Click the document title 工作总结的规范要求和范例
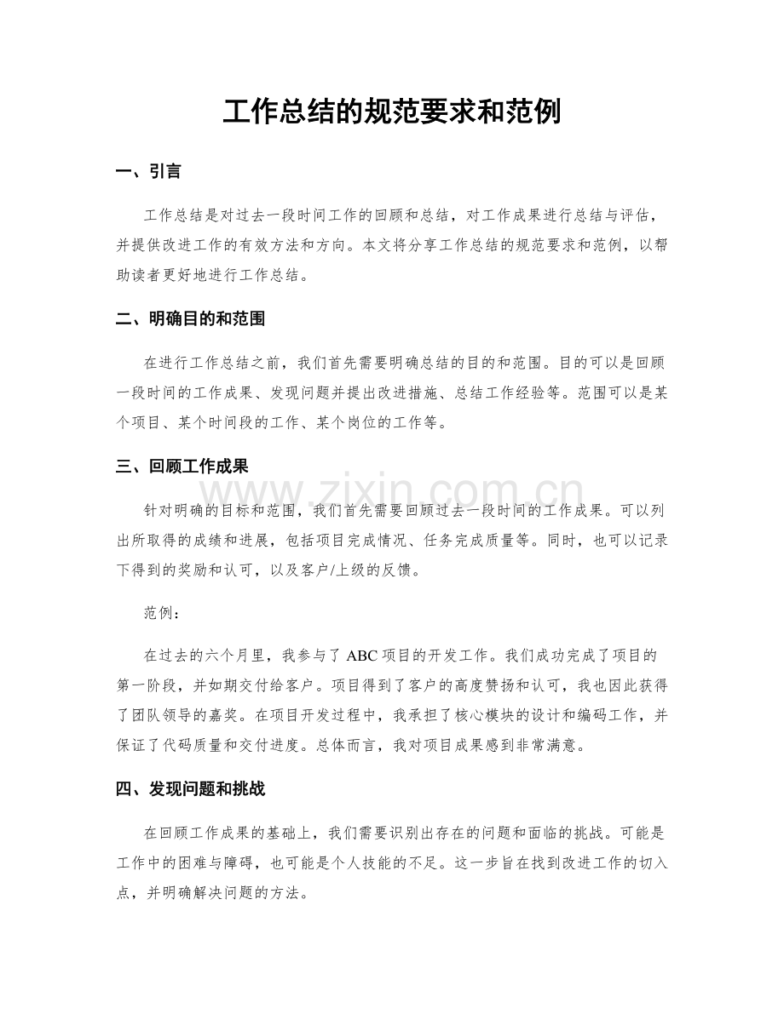point(391,112)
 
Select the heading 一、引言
point(148,172)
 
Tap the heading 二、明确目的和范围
point(190,319)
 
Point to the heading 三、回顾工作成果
point(182,467)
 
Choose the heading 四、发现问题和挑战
point(190,789)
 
